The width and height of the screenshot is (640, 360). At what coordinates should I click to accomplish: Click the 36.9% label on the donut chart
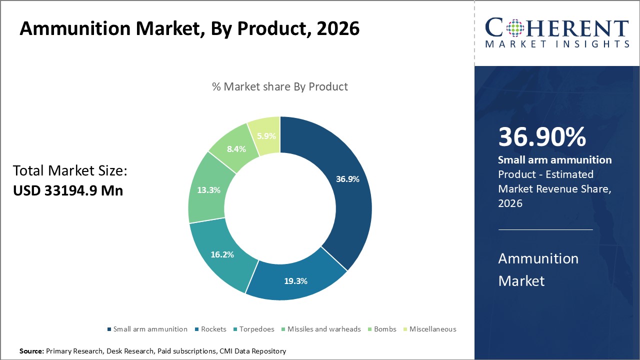click(x=347, y=179)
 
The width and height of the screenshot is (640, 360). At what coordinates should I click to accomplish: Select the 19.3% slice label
click(x=295, y=281)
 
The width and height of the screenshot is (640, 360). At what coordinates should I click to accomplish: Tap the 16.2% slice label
click(x=222, y=254)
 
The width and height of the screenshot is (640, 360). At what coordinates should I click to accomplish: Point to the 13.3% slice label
click(x=209, y=190)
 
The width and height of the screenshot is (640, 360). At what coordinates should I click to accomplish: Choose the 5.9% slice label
click(x=266, y=135)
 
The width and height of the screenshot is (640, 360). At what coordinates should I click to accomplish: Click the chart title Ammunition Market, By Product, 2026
click(x=189, y=28)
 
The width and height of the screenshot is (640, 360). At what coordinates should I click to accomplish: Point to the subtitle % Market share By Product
click(x=280, y=86)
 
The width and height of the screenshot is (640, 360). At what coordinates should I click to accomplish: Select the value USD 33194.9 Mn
click(x=68, y=190)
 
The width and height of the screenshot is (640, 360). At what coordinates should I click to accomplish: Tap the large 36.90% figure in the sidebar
click(x=542, y=137)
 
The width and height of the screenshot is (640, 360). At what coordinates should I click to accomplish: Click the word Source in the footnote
click(x=31, y=351)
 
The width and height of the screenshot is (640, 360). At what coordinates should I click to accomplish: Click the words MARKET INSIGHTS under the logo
click(x=557, y=44)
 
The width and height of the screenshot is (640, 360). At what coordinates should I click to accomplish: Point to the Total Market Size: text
click(x=70, y=171)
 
